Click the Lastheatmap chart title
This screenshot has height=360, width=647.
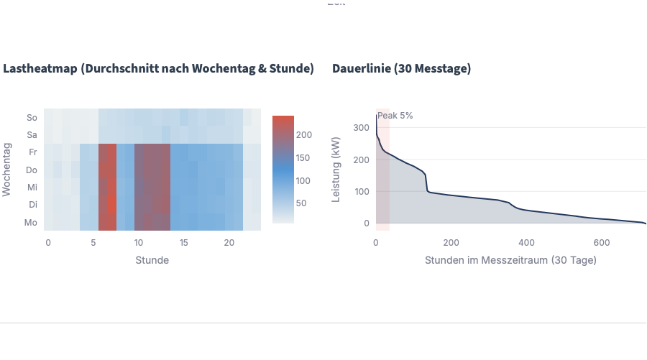(158, 69)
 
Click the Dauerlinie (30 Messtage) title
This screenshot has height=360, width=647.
(401, 69)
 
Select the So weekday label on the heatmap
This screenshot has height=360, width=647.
(32, 117)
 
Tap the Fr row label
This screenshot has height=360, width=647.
(32, 152)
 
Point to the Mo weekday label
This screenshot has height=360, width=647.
(32, 223)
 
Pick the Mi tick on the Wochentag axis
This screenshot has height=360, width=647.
(32, 188)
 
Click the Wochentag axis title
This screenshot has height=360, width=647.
(7, 170)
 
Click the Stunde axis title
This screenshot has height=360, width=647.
(152, 260)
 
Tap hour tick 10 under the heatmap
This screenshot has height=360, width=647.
(139, 243)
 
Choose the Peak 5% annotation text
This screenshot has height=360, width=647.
(395, 116)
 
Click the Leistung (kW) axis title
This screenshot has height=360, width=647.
(336, 170)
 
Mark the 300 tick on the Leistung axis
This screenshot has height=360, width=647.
(361, 127)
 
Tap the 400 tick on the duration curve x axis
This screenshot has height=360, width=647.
(526, 242)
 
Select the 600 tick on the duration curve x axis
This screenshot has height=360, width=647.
(602, 242)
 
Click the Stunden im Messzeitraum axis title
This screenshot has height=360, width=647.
(510, 260)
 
